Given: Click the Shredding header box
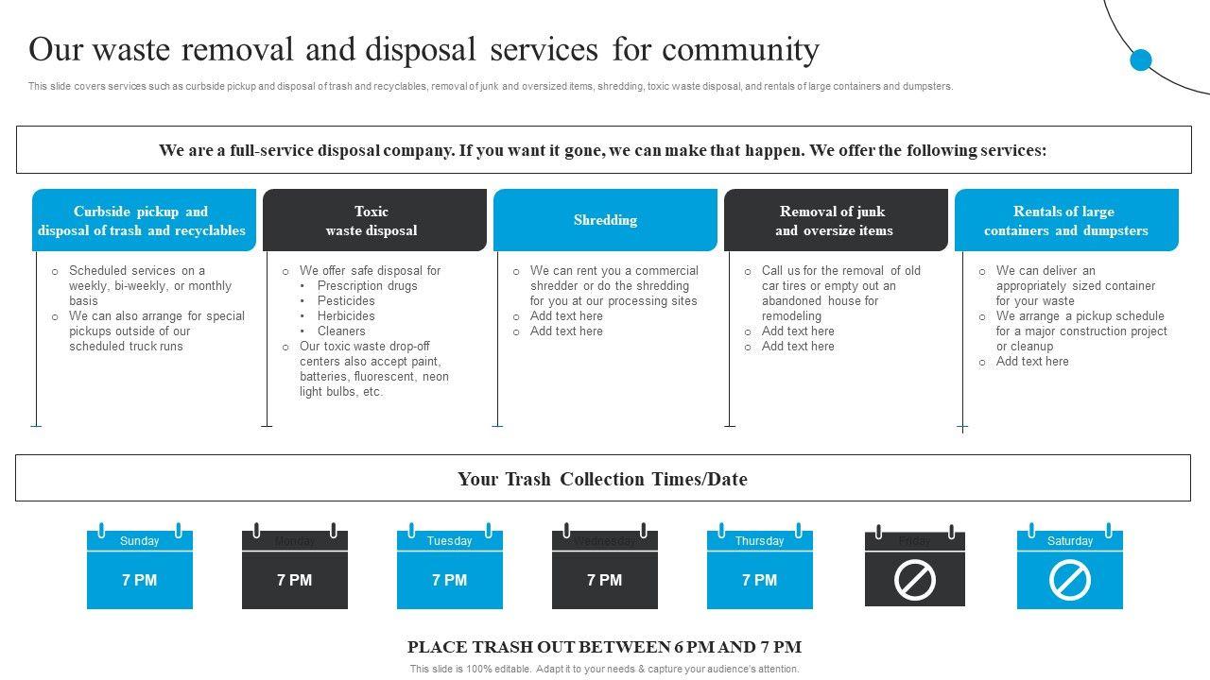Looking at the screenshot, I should [x=605, y=220].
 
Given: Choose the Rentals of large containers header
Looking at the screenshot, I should [x=1066, y=220].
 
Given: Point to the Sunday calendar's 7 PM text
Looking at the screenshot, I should [x=140, y=580].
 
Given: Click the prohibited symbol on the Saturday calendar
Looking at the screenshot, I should [x=1069, y=581].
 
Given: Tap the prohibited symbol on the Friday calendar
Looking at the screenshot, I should [x=914, y=581].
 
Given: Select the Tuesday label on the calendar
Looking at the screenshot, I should [x=449, y=541].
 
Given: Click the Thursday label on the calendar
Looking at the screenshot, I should [x=759, y=541].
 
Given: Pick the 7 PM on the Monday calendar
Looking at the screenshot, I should [x=294, y=580].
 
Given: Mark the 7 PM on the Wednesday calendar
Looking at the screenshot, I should [x=604, y=580].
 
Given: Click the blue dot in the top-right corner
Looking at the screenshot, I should [x=1141, y=59].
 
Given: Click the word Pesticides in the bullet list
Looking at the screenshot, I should [x=346, y=301].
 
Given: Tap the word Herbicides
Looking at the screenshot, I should [x=346, y=316].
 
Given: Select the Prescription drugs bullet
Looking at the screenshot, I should [x=367, y=286].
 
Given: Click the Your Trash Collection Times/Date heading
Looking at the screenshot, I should [x=602, y=479].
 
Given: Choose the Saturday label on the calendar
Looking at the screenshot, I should [x=1069, y=541].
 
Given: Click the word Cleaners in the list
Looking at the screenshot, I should [x=341, y=331].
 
